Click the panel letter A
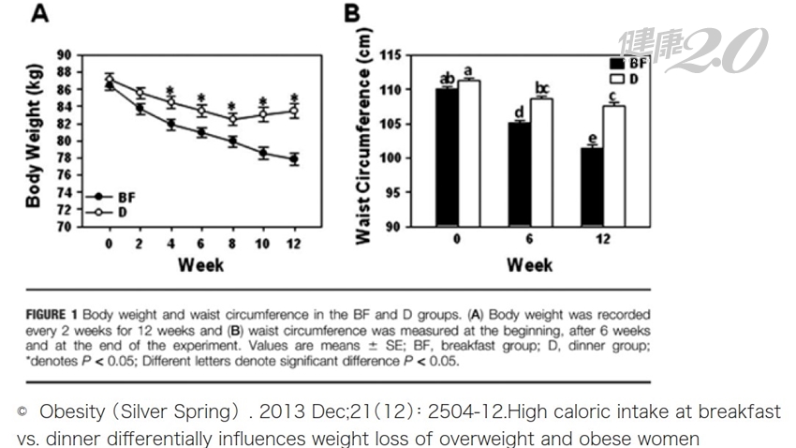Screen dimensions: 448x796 (x=41, y=14)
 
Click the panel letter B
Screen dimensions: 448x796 (x=351, y=14)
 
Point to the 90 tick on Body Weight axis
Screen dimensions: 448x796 (x=65, y=55)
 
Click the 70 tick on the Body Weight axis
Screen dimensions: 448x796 (x=65, y=227)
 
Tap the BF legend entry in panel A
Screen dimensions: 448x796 (x=125, y=198)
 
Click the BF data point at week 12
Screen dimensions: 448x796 (x=294, y=159)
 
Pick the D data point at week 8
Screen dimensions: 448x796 (x=233, y=119)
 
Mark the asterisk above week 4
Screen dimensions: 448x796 (x=170, y=91)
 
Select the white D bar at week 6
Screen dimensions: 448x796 (x=541, y=162)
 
